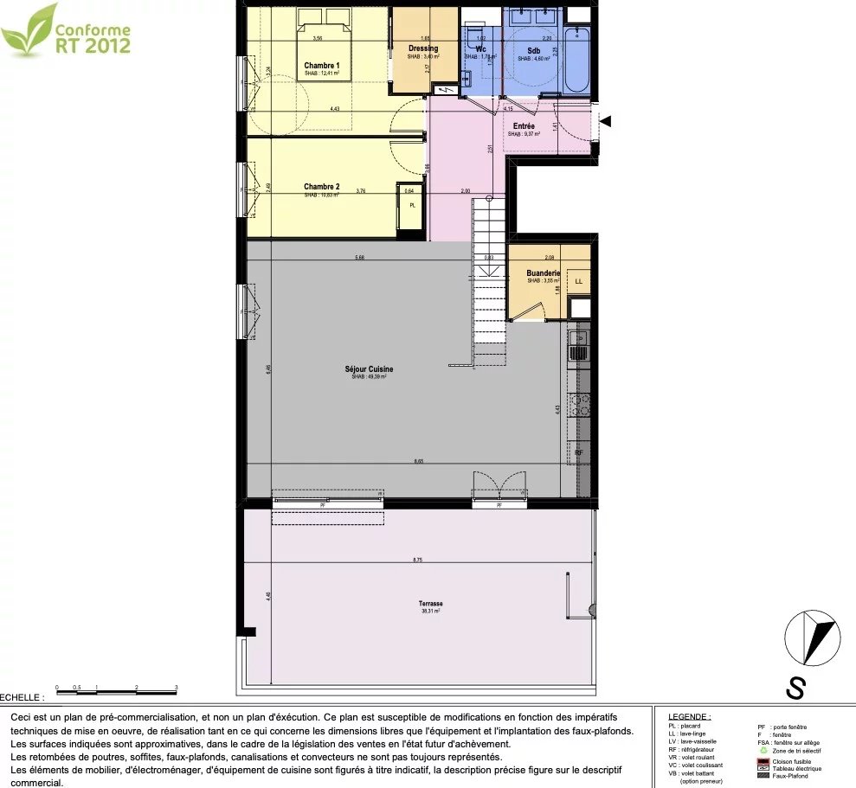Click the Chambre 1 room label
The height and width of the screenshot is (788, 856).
coord(321,66)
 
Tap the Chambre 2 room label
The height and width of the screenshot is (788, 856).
coord(321,187)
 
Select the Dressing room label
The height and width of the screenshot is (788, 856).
coord(423,48)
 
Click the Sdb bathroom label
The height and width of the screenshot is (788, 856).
coord(534,51)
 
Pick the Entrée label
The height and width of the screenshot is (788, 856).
coord(524,126)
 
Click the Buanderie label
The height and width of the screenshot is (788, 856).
coord(544,273)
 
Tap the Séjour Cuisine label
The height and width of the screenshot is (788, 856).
coord(369,369)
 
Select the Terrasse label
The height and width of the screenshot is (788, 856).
coord(430,604)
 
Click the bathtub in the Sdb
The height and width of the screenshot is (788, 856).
coord(576,61)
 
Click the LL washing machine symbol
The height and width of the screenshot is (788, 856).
coord(578,282)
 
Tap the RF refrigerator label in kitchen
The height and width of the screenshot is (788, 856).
coord(579,452)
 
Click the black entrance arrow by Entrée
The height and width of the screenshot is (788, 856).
coord(606,121)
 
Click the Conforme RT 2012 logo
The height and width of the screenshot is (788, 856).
coord(66,32)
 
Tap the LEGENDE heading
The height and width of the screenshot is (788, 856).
coord(690,717)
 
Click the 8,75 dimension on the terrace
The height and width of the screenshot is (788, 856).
coord(418,561)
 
